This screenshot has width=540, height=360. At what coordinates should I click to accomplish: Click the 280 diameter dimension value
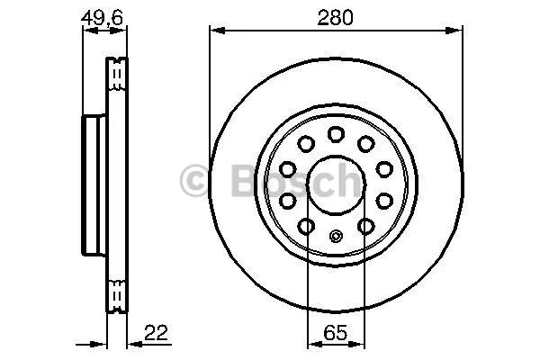coord(335,18)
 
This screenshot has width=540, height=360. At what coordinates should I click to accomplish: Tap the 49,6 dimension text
coord(103,18)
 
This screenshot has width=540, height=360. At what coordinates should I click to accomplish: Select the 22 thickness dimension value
coord(156,333)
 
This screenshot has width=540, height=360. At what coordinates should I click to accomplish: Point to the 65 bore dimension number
coord(335,333)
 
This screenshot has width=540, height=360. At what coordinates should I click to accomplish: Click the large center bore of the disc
coord(336,185)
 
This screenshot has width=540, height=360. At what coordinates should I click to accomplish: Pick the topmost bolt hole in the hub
coord(336,134)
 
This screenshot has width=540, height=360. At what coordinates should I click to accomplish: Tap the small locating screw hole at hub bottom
coord(336,236)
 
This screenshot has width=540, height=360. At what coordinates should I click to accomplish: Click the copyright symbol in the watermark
coord(193,180)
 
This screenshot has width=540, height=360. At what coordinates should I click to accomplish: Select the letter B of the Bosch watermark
coord(245,180)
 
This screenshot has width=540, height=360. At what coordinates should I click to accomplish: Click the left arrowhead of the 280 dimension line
coord(218,31)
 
